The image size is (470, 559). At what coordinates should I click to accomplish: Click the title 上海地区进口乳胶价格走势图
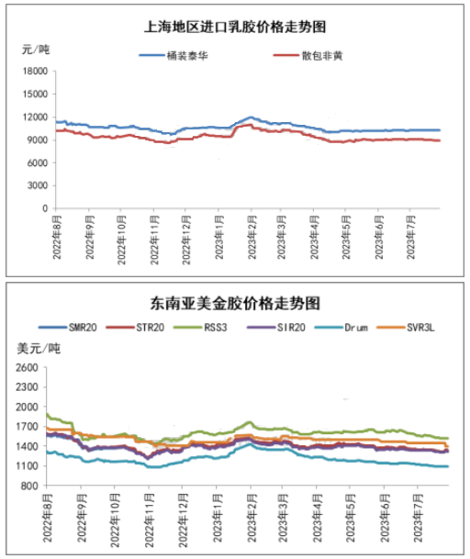click(x=235, y=27)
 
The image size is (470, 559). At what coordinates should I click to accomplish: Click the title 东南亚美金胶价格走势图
click(x=235, y=304)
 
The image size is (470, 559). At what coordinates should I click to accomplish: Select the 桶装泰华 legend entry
click(x=173, y=56)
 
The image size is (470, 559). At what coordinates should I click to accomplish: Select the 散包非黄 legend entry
click(x=308, y=56)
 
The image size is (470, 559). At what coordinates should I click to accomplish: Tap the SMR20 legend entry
click(x=68, y=328)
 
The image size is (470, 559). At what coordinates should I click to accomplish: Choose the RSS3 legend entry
click(x=200, y=328)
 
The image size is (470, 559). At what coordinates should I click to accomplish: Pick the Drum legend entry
click(x=341, y=328)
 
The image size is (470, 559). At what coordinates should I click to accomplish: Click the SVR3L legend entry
click(x=406, y=328)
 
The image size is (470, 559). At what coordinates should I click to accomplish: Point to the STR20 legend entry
click(x=135, y=328)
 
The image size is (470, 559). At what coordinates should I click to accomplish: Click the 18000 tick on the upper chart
click(x=35, y=72)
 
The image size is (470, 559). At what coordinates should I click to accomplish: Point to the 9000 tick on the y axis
click(x=38, y=140)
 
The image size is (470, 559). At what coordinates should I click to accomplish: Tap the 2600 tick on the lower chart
click(x=27, y=367)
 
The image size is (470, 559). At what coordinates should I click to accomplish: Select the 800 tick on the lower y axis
click(x=29, y=486)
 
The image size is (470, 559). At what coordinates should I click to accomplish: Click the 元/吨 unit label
click(x=36, y=50)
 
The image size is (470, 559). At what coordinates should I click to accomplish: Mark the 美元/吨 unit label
click(x=39, y=348)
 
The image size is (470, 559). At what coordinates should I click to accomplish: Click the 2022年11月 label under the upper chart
click(x=154, y=240)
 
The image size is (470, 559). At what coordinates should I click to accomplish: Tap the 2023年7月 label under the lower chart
click(x=419, y=518)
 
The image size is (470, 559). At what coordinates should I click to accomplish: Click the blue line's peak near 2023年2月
click(x=251, y=117)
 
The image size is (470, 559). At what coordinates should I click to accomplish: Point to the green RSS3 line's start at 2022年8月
click(x=47, y=414)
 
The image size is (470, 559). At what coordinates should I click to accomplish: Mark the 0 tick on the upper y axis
click(x=45, y=208)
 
